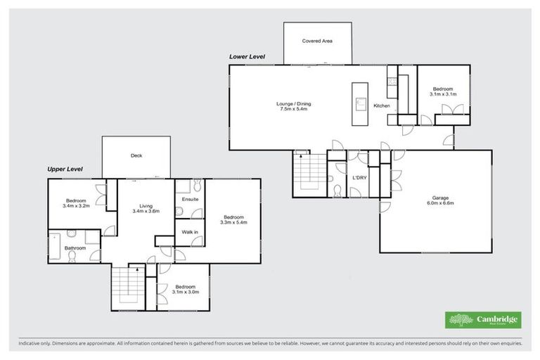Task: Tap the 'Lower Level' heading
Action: [247, 56]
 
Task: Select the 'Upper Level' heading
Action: [65, 169]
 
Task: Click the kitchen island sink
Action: [360, 104]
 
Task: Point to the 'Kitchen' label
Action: [382, 106]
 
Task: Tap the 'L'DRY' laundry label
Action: [360, 178]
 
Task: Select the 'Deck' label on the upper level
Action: [136, 156]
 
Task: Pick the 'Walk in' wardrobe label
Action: [190, 231]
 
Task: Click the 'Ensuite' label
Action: [190, 200]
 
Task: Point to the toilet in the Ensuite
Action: [198, 185]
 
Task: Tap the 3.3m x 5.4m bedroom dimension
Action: [234, 222]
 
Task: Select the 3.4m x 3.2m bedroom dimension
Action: [76, 206]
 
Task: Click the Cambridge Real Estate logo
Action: [483, 320]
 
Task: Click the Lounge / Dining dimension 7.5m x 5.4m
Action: [294, 110]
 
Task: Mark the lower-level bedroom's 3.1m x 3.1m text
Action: [443, 93]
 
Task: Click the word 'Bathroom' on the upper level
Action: [75, 247]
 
